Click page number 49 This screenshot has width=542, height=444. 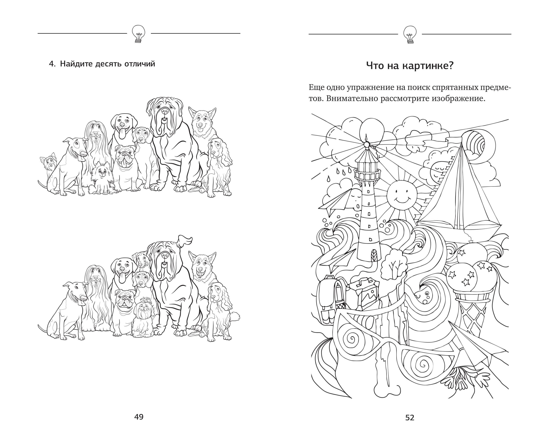pos(139,417)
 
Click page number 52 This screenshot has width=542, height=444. pos(410,418)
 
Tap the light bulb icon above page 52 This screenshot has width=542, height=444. pos(410,34)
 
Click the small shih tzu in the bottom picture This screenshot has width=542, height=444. pos(143,316)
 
